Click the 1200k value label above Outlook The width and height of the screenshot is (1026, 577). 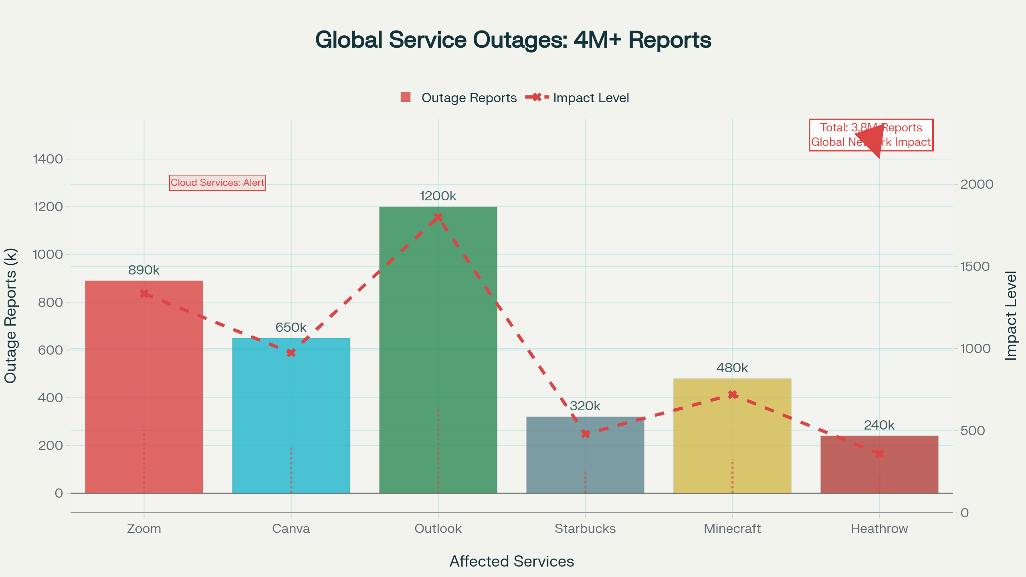[x=438, y=196]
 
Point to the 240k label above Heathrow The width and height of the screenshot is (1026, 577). [x=879, y=425]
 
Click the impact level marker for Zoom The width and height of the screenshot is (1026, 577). [x=144, y=294]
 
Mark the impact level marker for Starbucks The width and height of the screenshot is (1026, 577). [x=585, y=434]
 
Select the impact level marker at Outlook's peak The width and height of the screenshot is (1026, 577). [x=438, y=217]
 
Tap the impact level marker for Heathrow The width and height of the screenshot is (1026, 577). [x=879, y=454]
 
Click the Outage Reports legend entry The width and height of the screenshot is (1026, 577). [x=459, y=98]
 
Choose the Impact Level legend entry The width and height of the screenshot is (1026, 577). [x=578, y=98]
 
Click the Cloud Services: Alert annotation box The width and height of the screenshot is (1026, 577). [x=218, y=183]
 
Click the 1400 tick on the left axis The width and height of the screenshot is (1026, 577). [x=48, y=159]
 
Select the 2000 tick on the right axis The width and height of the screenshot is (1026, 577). [x=977, y=184]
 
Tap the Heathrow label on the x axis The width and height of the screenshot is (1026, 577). [x=879, y=529]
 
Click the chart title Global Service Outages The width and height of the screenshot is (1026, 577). [x=513, y=40]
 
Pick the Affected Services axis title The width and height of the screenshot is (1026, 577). [x=512, y=561]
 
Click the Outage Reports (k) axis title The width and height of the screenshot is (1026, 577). [x=10, y=316]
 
